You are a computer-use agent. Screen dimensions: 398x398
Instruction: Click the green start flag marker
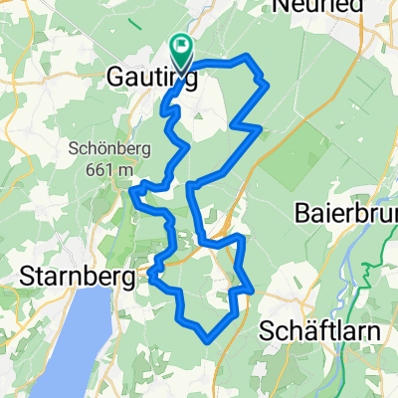[x=181, y=44]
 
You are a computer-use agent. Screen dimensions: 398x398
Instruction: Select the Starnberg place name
[x=76, y=279]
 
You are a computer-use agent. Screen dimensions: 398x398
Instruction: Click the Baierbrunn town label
[x=345, y=212]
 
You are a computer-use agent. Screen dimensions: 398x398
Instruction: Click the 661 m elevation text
[x=110, y=170]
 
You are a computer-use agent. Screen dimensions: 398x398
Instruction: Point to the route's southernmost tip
[x=206, y=339]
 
